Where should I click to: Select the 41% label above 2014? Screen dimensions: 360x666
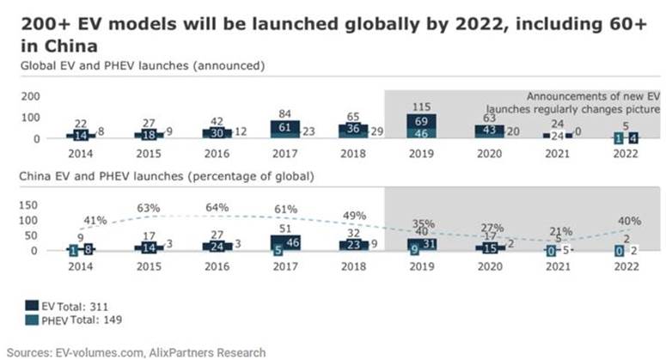(95, 220)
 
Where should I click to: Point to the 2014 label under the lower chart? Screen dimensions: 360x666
(82, 268)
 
